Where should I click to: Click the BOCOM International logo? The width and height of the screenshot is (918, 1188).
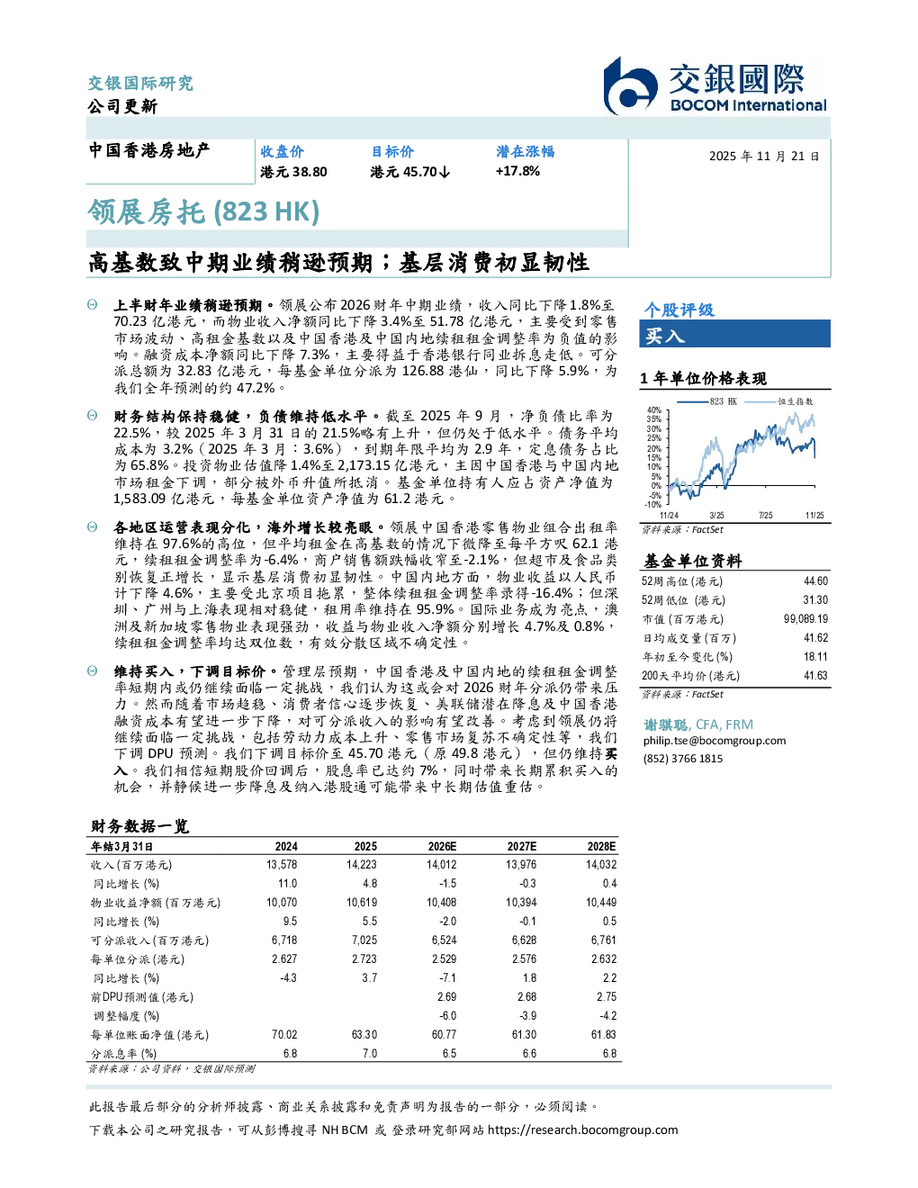click(714, 85)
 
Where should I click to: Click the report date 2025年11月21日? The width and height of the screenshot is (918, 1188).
click(764, 157)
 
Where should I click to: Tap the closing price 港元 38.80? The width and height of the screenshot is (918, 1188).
click(293, 172)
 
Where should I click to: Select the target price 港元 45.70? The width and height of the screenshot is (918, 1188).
click(409, 172)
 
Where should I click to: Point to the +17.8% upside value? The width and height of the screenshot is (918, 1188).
click(517, 171)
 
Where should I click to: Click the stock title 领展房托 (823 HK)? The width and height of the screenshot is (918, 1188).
click(203, 212)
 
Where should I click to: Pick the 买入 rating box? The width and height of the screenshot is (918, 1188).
click(734, 334)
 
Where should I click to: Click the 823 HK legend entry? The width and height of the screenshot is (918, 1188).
click(706, 401)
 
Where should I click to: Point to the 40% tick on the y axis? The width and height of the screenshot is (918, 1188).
click(654, 410)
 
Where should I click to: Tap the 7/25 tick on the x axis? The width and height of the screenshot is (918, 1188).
click(766, 516)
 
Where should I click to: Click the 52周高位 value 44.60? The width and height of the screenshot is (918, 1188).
click(815, 581)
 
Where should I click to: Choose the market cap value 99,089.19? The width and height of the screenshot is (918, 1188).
click(805, 619)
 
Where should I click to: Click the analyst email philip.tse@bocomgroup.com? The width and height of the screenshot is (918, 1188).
click(714, 741)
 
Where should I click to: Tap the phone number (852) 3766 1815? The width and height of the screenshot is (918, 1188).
click(682, 759)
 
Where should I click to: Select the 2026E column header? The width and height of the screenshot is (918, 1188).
click(442, 847)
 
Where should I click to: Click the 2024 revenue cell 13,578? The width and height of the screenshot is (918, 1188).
click(282, 865)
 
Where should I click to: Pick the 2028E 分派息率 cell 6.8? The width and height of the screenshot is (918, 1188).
click(609, 1054)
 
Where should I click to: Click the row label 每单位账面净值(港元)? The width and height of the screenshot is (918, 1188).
click(149, 1035)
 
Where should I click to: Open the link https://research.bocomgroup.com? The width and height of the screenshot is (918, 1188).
click(582, 1130)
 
